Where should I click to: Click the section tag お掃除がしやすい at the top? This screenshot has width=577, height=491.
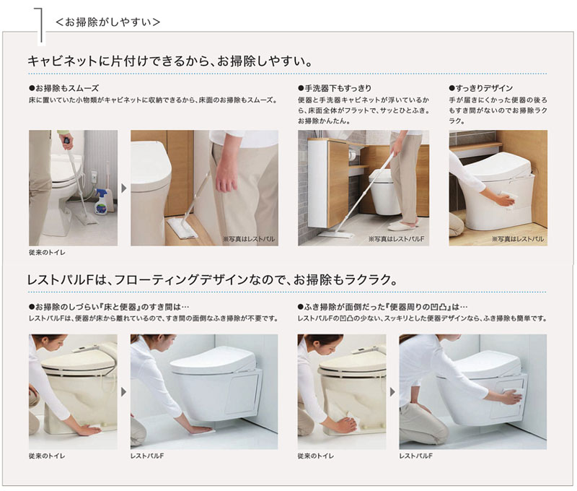tap(107, 22)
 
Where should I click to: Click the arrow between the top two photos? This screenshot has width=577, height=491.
tap(124, 188)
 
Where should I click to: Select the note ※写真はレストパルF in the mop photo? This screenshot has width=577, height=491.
tap(392, 238)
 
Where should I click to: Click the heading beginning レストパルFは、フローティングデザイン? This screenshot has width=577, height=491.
tap(209, 279)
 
